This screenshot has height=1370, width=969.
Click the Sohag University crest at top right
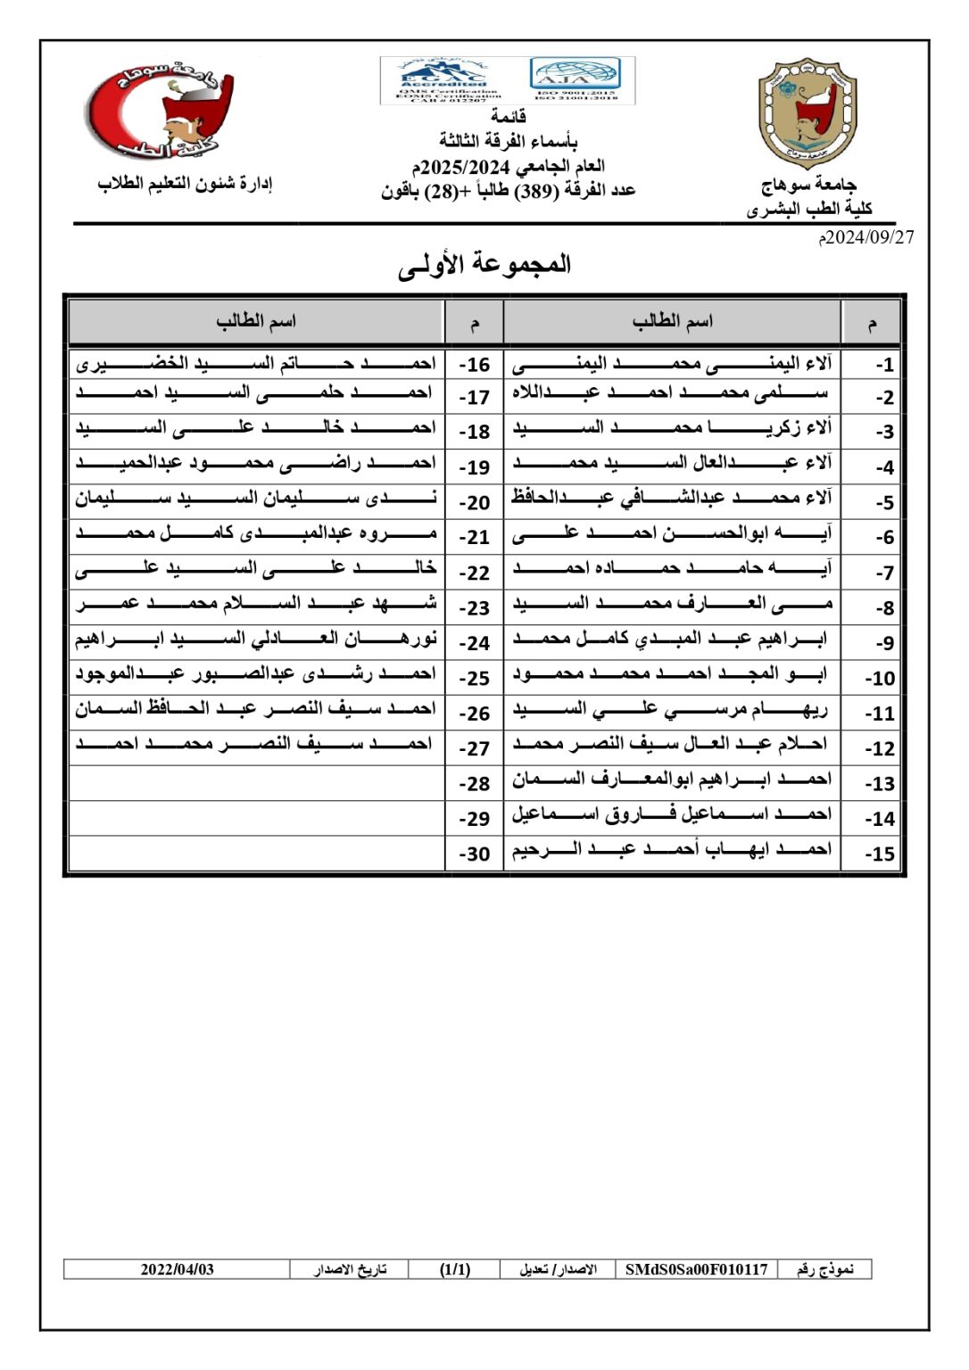click(807, 114)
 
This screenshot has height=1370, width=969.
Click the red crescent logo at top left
click(161, 109)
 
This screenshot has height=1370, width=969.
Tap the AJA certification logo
click(575, 78)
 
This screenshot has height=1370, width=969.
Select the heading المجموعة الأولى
click(484, 265)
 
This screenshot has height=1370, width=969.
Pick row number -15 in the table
click(879, 854)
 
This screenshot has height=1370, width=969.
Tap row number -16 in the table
click(475, 365)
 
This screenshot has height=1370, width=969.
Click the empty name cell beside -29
click(257, 818)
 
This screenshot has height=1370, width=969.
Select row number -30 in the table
click(475, 854)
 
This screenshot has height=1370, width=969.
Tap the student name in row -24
click(257, 640)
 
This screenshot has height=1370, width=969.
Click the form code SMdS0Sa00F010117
click(696, 1269)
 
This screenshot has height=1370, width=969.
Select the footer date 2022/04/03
click(177, 1269)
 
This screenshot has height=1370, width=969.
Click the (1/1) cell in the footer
click(455, 1269)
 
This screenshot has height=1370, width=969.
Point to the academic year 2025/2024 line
click(508, 167)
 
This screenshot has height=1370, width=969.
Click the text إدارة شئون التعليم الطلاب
click(185, 184)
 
